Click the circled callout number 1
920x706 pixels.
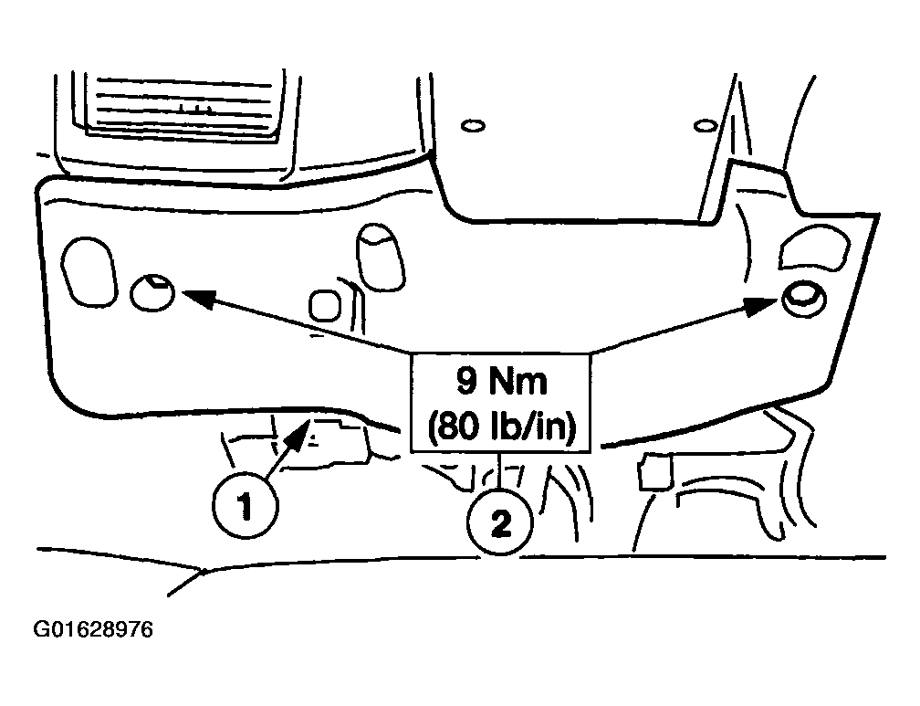click(x=246, y=506)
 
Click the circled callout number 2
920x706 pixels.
click(x=500, y=523)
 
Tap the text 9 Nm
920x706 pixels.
click(x=501, y=382)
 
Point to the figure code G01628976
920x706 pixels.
click(x=93, y=629)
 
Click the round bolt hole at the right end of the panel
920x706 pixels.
click(x=804, y=299)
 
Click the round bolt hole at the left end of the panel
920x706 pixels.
click(x=152, y=291)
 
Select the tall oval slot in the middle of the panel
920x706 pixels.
click(x=381, y=257)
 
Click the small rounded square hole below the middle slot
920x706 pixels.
click(x=325, y=305)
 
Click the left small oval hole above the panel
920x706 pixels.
click(x=473, y=126)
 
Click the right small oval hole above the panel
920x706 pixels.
click(x=704, y=126)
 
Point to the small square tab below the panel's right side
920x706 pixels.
click(x=655, y=471)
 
